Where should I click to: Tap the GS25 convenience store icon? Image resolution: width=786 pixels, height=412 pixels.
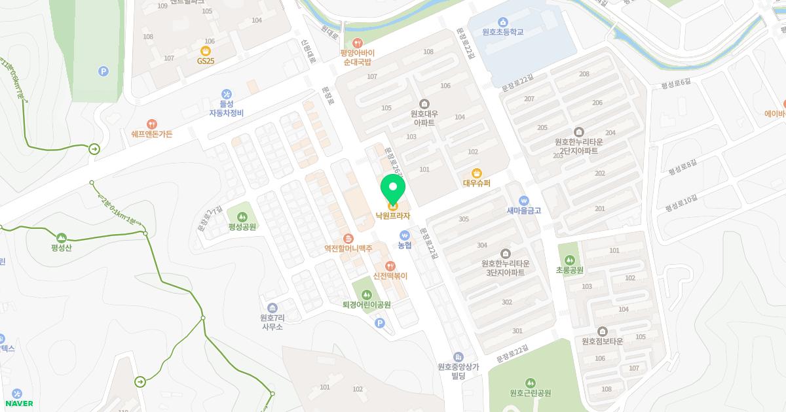[206, 50]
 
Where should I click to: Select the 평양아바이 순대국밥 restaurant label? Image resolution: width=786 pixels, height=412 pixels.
[357, 58]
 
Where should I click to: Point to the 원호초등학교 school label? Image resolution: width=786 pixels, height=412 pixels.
[502, 32]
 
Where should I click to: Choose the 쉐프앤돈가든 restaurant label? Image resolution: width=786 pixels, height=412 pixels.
[152, 134]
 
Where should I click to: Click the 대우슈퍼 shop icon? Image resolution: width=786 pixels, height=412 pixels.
[477, 173]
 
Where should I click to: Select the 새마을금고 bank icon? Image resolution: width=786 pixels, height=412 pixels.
[523, 200]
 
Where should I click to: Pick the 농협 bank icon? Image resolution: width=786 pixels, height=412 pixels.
[405, 235]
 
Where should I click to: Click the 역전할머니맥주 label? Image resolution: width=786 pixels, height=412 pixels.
[348, 249]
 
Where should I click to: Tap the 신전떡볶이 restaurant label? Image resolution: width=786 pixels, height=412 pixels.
[390, 276]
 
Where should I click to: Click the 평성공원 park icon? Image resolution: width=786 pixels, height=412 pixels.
[242, 216]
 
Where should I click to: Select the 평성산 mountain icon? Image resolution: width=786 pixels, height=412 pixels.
[62, 237]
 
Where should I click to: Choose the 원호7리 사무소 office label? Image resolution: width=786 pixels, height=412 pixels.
[271, 322]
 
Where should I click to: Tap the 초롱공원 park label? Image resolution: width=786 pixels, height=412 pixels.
[569, 269]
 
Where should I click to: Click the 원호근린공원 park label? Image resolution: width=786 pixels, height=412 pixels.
[530, 393]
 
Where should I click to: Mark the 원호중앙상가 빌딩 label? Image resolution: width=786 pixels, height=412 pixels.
[458, 371]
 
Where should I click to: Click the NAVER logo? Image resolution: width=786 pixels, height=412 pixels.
[18, 403]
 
